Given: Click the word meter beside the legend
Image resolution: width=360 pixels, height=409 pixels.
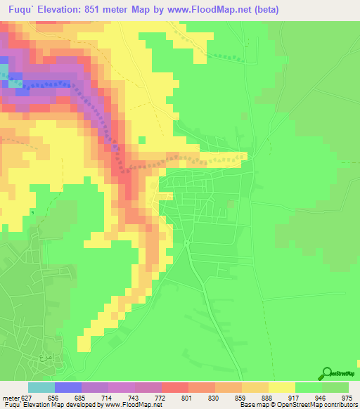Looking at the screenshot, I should pos(10,397).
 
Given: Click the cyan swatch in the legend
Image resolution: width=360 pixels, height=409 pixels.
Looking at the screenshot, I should pos(41,387).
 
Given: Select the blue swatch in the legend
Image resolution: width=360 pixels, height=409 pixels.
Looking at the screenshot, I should pos(67,387).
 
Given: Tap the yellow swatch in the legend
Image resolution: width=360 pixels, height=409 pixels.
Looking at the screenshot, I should pos(281,387).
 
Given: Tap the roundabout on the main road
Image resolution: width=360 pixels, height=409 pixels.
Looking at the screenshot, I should pos(186,242).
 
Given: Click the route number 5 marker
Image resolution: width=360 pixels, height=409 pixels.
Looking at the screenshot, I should pos(32,212).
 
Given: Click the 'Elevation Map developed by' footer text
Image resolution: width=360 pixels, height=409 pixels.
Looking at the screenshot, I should pos(77,405).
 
